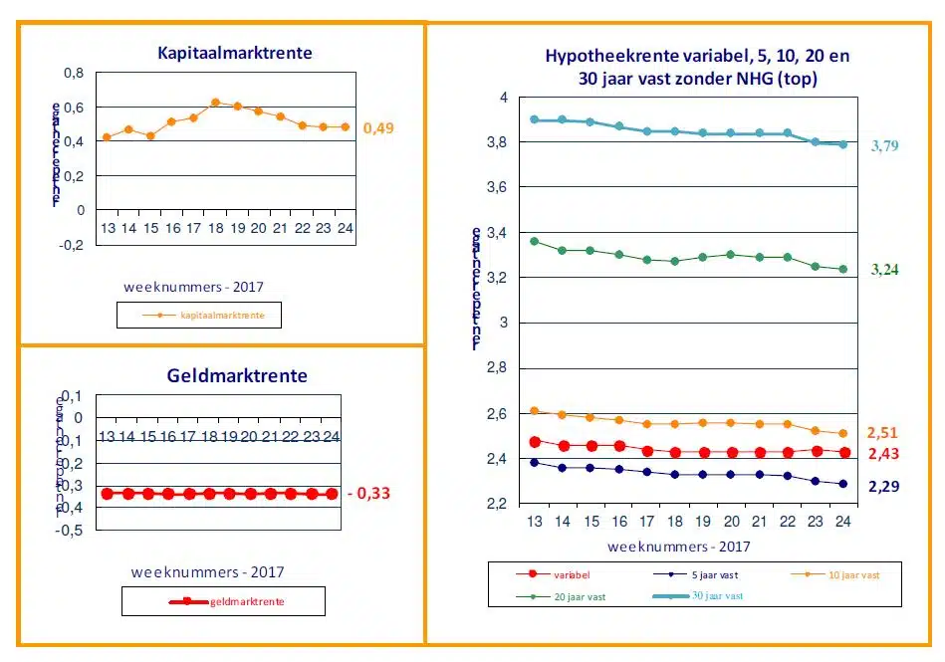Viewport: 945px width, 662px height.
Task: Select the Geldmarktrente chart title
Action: pyautogui.click(x=236, y=375)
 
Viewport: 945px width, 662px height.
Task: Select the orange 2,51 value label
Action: pyautogui.click(x=882, y=432)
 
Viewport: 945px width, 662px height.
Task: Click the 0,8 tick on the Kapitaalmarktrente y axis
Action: pyautogui.click(x=74, y=73)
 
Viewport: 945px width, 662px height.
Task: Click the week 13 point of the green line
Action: pyautogui.click(x=535, y=241)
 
